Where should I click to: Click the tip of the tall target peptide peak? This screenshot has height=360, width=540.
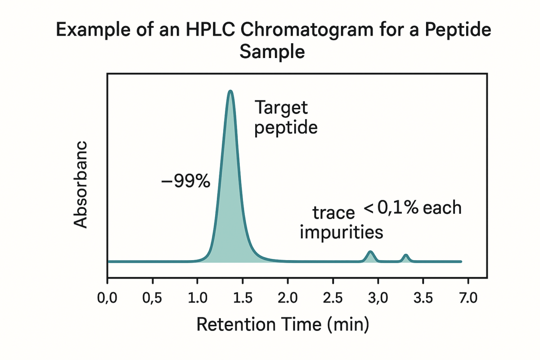pos(230,91)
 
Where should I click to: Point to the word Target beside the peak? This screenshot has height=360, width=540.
pos(281,108)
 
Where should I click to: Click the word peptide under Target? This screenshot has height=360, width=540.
pos(286,128)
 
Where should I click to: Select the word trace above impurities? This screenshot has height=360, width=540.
pos(333,212)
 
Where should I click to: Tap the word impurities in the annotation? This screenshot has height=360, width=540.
pos(341,233)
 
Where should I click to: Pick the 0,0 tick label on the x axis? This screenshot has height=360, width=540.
pos(108,298)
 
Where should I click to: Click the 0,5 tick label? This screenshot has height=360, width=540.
pos(153,298)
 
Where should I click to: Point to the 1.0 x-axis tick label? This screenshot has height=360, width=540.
pos(198,298)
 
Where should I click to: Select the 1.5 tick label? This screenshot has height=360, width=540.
pos(243,298)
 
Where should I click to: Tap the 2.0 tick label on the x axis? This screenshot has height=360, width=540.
pos(288,298)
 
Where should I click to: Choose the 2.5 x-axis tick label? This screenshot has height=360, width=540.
pos(333,298)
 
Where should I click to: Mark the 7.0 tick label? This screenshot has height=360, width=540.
pos(468,298)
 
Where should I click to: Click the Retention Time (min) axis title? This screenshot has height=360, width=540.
pos(283,324)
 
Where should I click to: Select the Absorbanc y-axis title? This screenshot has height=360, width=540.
pos(81,184)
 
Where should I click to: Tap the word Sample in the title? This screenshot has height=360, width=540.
pos(272,52)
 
